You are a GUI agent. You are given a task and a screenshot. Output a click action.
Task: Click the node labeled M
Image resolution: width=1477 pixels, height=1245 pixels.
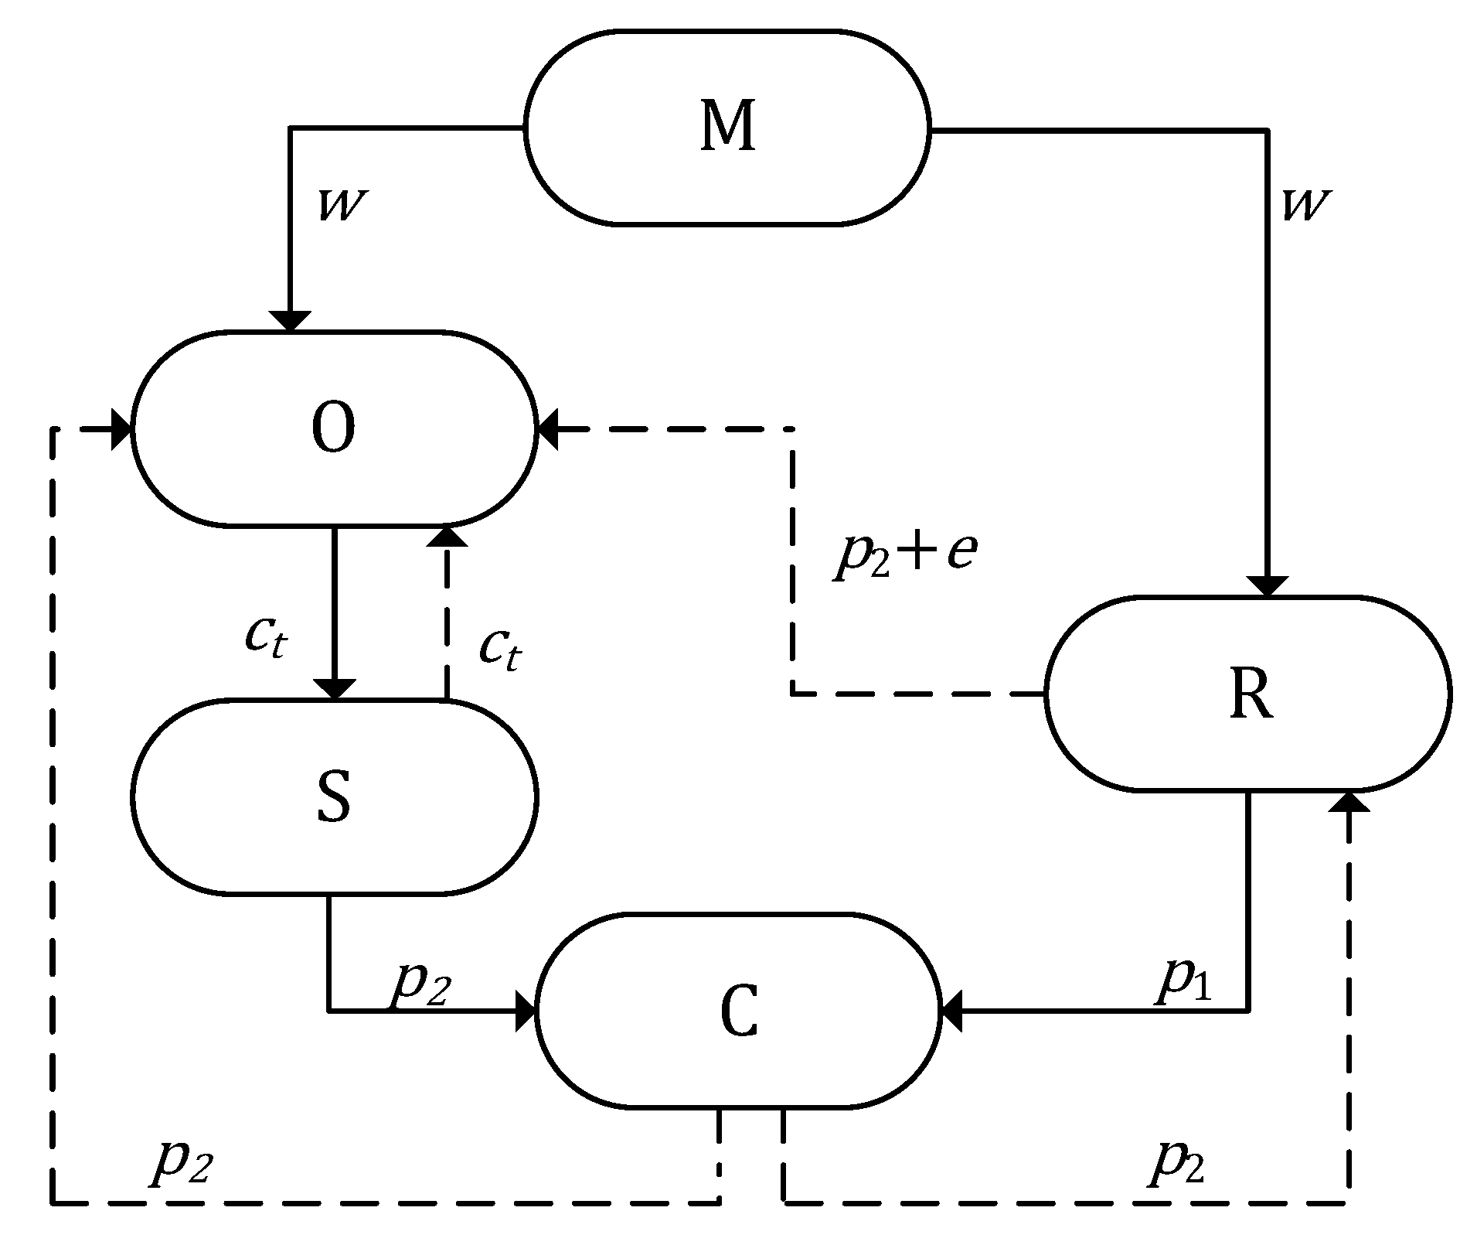pyautogui.click(x=727, y=128)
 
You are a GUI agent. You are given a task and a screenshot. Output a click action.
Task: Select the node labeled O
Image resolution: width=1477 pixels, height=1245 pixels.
pyautogui.click(x=334, y=429)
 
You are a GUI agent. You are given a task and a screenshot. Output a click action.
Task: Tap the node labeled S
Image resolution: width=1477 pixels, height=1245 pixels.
pyautogui.click(x=334, y=796)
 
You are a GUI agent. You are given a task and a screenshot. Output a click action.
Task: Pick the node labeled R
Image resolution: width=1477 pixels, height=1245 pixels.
pyautogui.click(x=1248, y=694)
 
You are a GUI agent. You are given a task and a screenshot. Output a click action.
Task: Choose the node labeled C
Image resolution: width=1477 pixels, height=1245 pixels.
pyautogui.click(x=738, y=1011)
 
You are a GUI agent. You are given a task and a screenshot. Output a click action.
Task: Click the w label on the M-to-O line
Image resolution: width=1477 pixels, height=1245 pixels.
pyautogui.click(x=341, y=206)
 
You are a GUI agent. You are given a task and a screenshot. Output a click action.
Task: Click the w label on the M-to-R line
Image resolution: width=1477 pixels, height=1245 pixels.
pyautogui.click(x=1305, y=206)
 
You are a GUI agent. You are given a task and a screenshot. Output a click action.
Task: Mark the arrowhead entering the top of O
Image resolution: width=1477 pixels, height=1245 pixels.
pyautogui.click(x=290, y=321)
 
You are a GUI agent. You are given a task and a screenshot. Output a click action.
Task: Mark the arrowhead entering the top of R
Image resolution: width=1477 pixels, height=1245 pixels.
pyautogui.click(x=1268, y=585)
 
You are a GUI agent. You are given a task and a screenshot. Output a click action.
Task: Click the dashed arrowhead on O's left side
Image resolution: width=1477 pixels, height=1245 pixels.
pyautogui.click(x=121, y=428)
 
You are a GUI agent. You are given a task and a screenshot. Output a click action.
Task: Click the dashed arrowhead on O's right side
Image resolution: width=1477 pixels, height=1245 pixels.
pyautogui.click(x=548, y=428)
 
